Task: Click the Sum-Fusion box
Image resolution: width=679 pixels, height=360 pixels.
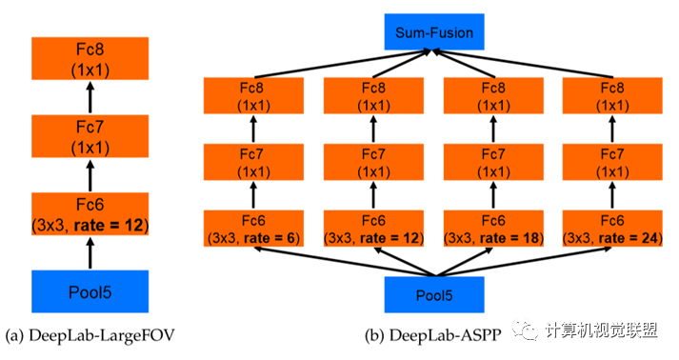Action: [x=434, y=31]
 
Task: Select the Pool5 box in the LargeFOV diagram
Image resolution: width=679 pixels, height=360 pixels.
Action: [x=90, y=291]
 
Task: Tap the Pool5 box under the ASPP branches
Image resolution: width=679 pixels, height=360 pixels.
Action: [x=434, y=294]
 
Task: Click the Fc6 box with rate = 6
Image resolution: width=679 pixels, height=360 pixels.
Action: [x=253, y=229]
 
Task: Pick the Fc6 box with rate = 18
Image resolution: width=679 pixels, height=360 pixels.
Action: [x=493, y=229]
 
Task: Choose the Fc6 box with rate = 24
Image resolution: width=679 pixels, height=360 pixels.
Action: [x=612, y=229]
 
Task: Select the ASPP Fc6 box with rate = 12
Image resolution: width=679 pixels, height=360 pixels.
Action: [x=373, y=229]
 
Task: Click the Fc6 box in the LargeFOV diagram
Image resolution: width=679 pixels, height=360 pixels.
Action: [x=90, y=214]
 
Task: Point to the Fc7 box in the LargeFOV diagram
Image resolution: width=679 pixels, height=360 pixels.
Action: [x=90, y=136]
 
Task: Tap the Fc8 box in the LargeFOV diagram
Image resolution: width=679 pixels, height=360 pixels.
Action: [x=90, y=58]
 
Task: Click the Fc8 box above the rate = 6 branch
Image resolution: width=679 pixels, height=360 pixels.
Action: [x=253, y=96]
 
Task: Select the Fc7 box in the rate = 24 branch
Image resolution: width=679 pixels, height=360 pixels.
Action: [x=612, y=162]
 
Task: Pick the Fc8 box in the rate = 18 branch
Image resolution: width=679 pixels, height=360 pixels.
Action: [x=493, y=96]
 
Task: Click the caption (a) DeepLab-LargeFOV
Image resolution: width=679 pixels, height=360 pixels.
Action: [x=90, y=335]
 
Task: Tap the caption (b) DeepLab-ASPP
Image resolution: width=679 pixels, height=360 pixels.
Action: [x=433, y=335]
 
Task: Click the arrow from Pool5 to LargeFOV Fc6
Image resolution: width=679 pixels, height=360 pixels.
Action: [x=90, y=253]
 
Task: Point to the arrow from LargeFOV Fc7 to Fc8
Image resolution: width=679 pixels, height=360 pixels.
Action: [x=90, y=97]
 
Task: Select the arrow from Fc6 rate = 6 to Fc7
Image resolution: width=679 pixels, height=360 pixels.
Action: [x=253, y=195]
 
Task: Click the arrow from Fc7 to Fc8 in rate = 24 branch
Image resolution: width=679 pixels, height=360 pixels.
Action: [x=612, y=129]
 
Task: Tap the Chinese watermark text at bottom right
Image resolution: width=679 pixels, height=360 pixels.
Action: [x=602, y=331]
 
